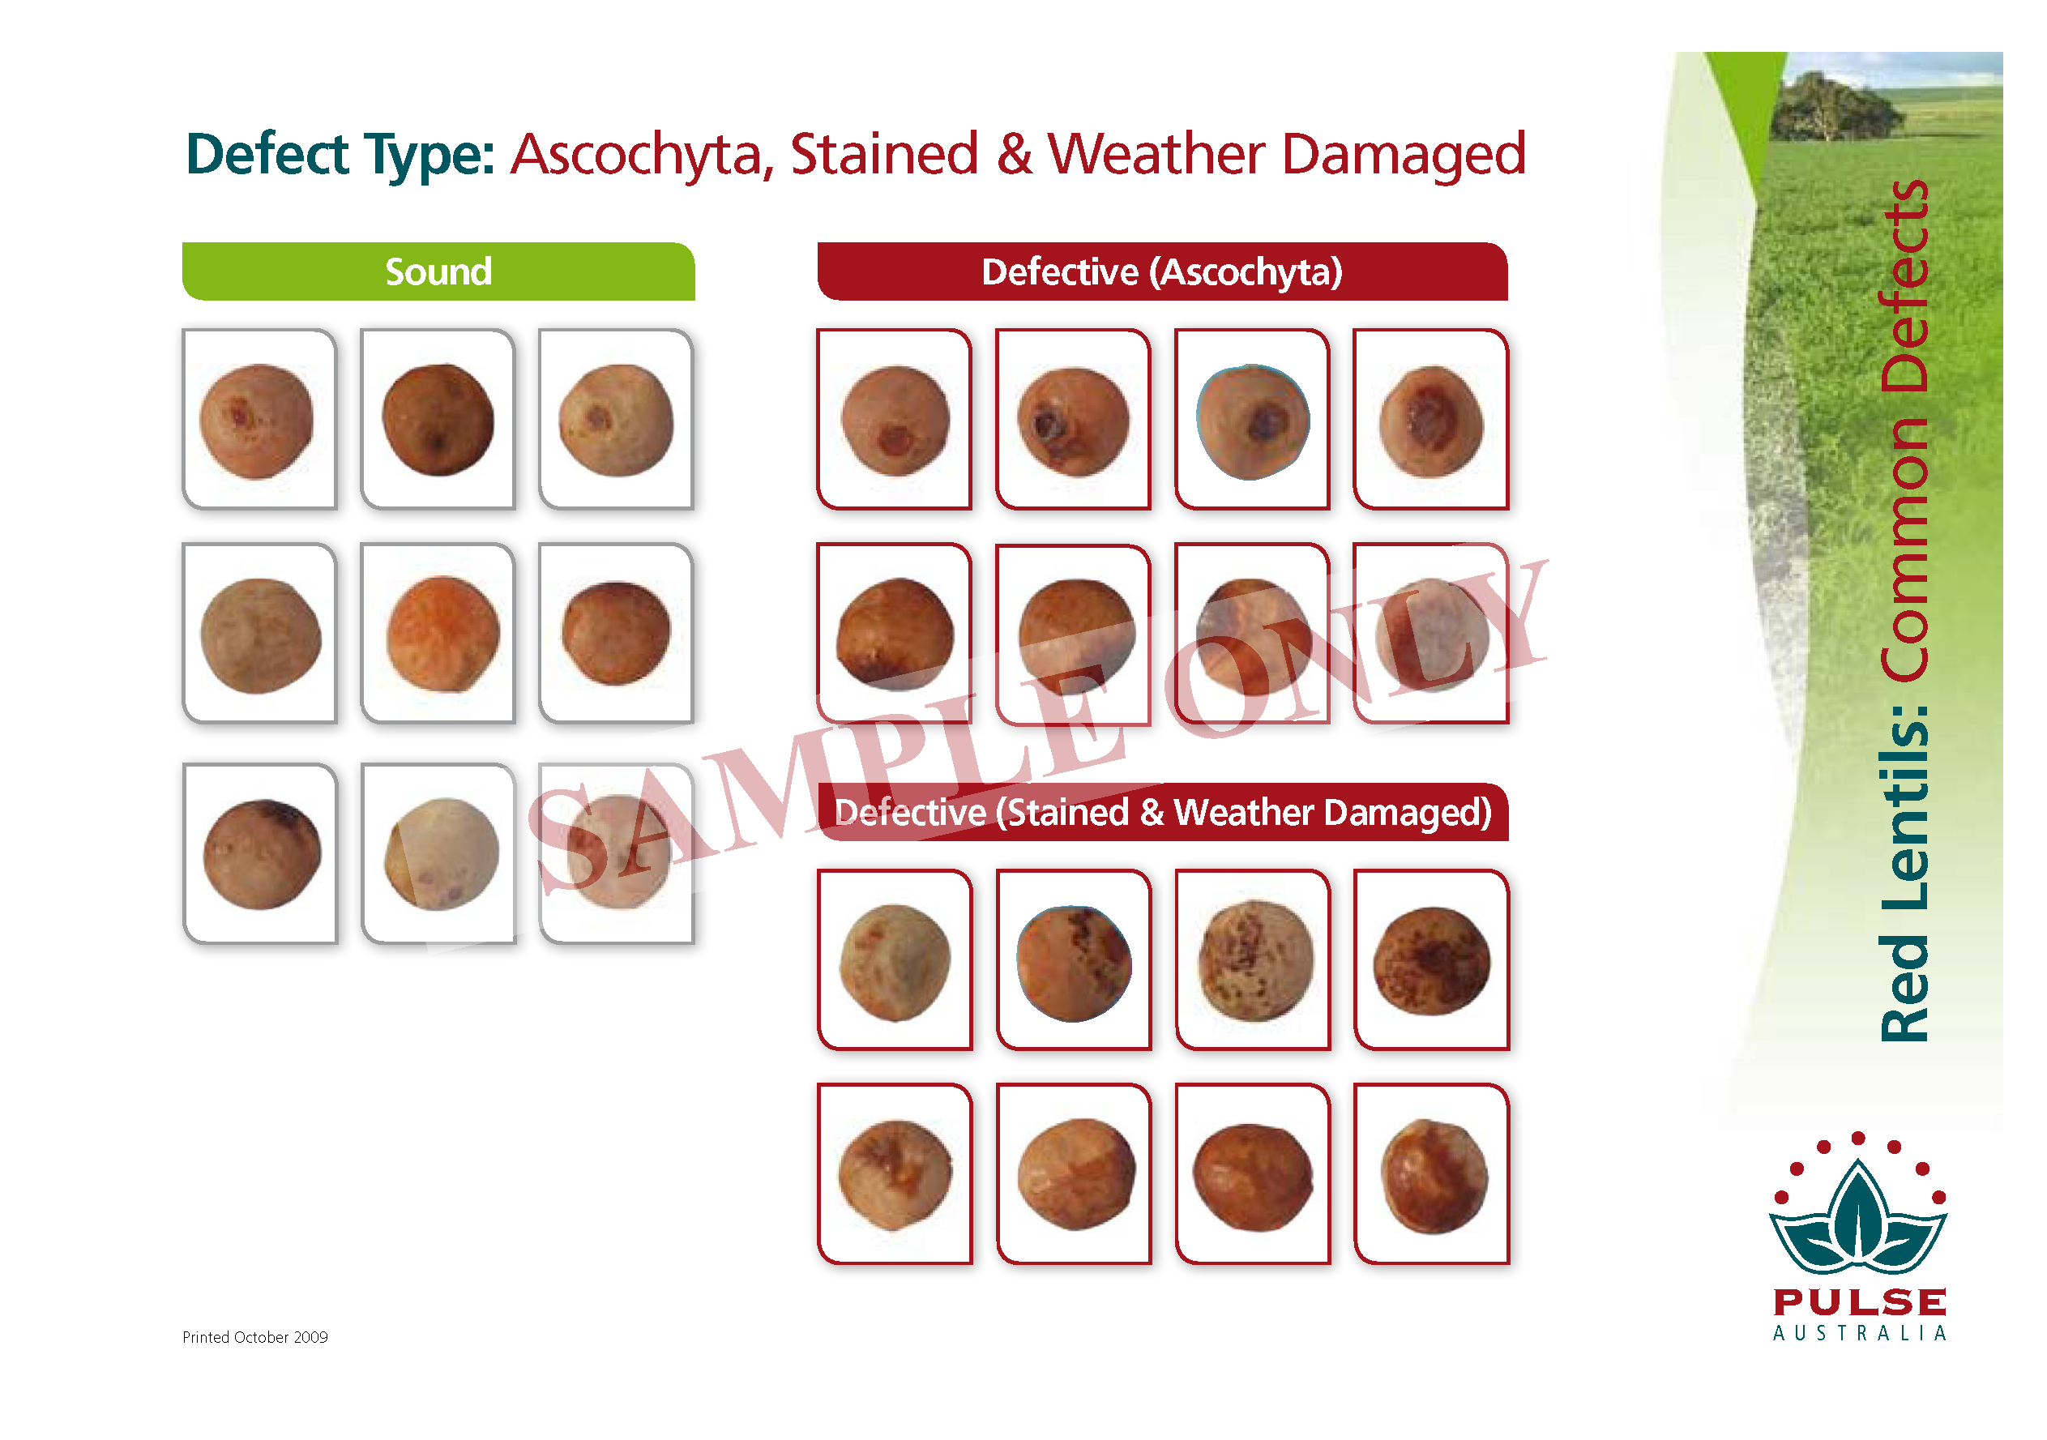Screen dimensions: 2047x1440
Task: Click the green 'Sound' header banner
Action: [438, 271]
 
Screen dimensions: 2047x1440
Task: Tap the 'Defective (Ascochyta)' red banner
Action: [1162, 271]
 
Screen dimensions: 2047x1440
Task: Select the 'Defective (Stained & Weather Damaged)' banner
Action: [1163, 811]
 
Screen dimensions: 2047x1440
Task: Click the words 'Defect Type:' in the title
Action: [340, 155]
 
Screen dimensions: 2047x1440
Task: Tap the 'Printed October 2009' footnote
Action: [255, 1336]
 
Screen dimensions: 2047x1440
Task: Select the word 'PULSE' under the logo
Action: [1860, 1301]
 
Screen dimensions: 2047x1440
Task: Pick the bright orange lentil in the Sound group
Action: [443, 634]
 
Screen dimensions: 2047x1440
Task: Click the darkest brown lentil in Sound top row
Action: [438, 419]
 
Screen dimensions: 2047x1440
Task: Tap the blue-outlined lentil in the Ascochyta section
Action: [1253, 421]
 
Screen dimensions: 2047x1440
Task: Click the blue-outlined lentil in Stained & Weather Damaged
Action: [1075, 964]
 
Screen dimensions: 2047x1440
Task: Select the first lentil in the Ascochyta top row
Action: [896, 421]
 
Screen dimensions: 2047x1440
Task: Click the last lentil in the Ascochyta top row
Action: [1432, 421]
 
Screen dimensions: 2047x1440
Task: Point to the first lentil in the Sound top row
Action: [257, 421]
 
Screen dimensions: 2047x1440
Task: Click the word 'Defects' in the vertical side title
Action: [1904, 285]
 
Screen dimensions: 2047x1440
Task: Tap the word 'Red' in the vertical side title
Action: [1904, 988]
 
